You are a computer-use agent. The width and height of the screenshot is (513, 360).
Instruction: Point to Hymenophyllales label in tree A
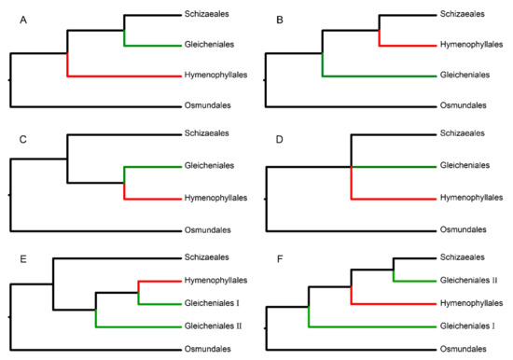click(x=215, y=76)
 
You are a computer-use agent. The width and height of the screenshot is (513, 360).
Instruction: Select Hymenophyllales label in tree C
click(x=215, y=198)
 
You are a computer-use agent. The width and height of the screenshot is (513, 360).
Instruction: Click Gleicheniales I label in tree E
click(x=212, y=303)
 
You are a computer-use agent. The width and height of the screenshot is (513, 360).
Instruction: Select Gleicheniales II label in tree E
click(x=214, y=325)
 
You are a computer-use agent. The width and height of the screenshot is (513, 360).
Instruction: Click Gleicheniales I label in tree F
click(x=466, y=325)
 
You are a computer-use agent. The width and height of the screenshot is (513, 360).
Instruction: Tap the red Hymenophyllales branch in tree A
click(x=121, y=76)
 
